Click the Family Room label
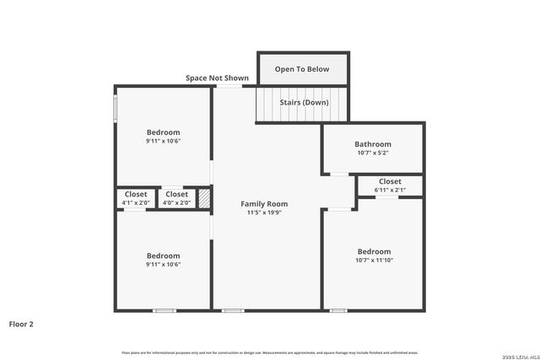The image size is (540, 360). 264,204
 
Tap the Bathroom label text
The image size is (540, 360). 373,144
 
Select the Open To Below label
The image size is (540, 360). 302,69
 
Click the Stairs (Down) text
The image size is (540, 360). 304,103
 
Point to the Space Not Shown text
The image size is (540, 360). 217,78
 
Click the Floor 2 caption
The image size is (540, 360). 21,324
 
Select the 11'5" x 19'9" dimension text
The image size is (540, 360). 264,213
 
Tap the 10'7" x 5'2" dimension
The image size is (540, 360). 373,153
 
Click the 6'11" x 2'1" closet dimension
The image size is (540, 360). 390,191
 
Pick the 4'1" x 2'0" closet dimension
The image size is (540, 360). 135,202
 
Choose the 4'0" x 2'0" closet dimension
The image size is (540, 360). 176,202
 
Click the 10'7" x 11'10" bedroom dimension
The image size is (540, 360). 374,261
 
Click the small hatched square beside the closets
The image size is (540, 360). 203,197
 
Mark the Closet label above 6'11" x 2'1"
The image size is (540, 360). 390,181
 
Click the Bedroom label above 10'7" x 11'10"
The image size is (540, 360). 374,251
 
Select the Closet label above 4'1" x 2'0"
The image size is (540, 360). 135,194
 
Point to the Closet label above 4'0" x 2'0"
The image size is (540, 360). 176,194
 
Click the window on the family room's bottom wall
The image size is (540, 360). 233,311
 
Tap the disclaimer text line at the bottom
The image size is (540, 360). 270,352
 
